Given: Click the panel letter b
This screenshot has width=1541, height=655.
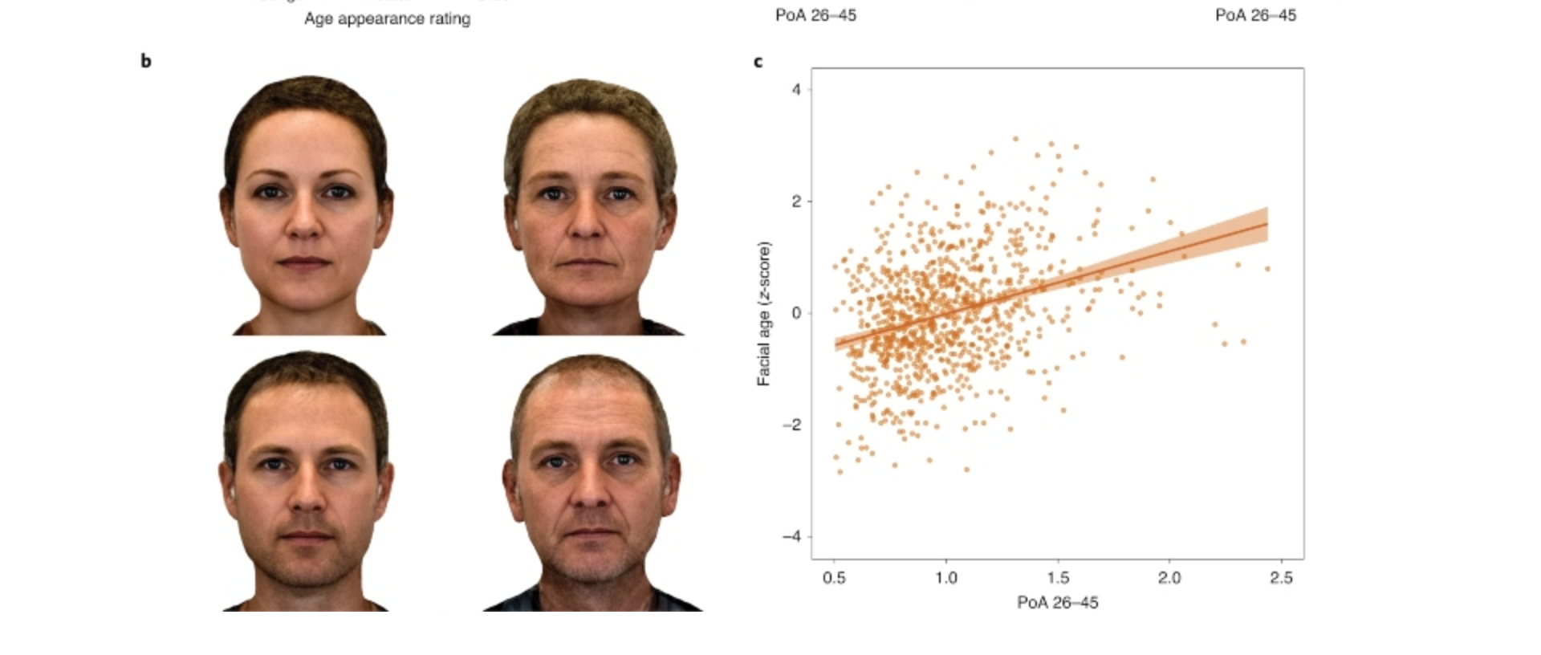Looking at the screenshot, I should pyautogui.click(x=145, y=61).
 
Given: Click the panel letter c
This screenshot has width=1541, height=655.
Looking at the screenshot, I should pyautogui.click(x=758, y=62).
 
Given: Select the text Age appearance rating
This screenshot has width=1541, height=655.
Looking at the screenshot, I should pyautogui.click(x=387, y=18).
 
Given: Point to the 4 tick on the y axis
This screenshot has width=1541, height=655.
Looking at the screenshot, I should pyautogui.click(x=796, y=89).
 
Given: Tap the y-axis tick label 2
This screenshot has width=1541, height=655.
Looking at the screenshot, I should pyautogui.click(x=796, y=201).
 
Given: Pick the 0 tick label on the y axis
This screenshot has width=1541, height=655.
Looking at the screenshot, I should pyautogui.click(x=796, y=313).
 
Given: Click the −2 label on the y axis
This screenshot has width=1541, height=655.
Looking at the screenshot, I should pyautogui.click(x=791, y=425).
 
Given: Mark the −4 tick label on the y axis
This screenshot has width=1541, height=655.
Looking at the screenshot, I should pyautogui.click(x=791, y=536).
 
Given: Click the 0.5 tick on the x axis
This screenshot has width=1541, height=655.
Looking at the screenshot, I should pyautogui.click(x=834, y=577).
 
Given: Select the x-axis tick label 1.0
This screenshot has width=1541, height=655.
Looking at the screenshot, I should pyautogui.click(x=945, y=577).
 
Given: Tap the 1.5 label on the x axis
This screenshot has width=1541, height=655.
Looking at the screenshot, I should pyautogui.click(x=1058, y=577).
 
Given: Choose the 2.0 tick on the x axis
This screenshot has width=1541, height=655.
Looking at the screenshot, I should pyautogui.click(x=1169, y=577).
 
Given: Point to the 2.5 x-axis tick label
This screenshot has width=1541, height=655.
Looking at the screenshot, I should pyautogui.click(x=1281, y=577).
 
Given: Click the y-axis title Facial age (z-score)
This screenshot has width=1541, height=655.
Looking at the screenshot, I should pyautogui.click(x=763, y=313).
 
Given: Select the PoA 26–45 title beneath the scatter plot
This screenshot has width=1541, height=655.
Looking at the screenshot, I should pyautogui.click(x=1057, y=602).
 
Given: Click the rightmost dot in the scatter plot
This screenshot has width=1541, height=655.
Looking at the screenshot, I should pyautogui.click(x=1268, y=269).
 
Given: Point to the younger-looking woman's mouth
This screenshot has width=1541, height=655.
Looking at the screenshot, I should pyautogui.click(x=304, y=262).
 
